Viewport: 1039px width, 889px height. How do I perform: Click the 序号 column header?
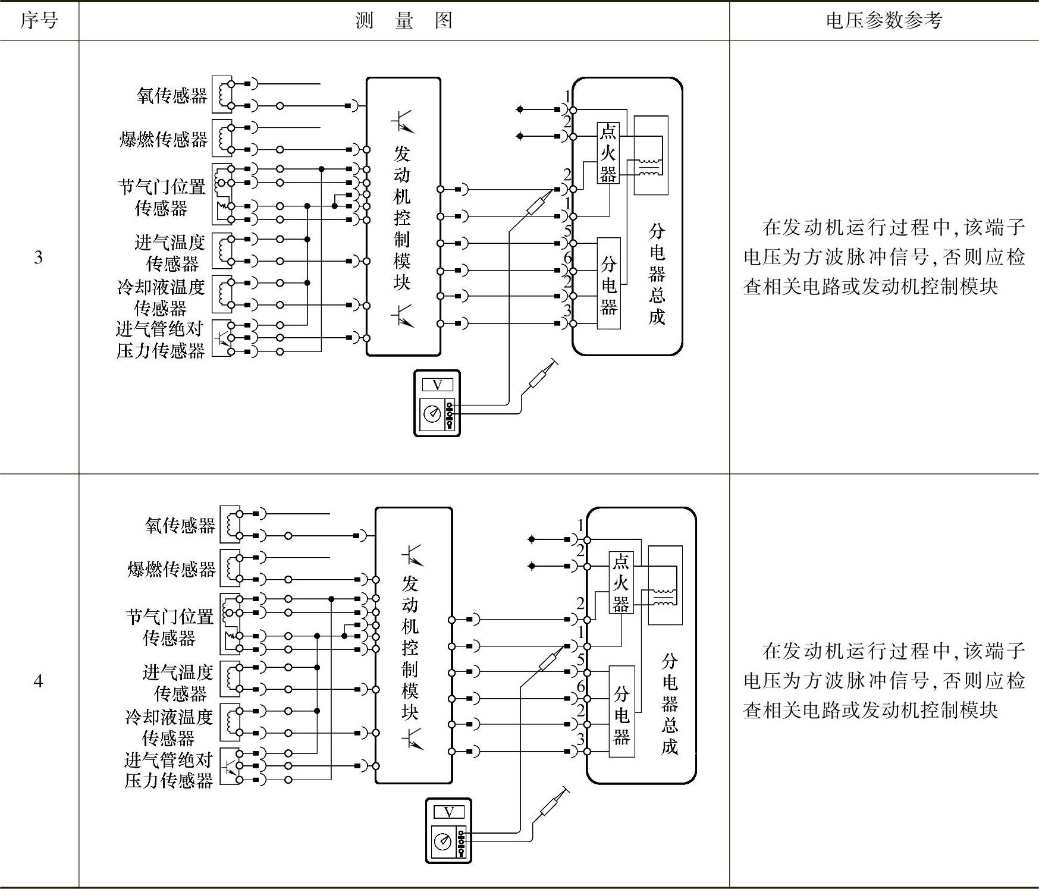(x=39, y=21)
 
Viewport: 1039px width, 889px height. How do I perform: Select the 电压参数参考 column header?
(x=884, y=21)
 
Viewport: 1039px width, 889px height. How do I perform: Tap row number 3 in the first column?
(x=39, y=257)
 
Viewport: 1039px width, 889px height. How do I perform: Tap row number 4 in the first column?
(x=39, y=680)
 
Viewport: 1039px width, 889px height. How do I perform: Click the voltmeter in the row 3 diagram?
(x=437, y=403)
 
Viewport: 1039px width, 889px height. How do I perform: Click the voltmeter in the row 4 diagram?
(x=449, y=830)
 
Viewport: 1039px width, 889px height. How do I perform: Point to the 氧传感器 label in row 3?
(x=171, y=95)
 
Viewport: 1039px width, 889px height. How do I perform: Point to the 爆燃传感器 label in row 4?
(x=171, y=569)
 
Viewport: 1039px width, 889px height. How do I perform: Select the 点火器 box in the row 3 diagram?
(x=608, y=153)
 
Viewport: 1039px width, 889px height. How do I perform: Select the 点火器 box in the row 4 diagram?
(x=621, y=583)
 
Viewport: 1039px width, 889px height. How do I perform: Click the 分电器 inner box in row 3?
(x=608, y=284)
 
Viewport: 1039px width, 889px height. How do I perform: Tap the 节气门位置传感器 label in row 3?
(x=162, y=197)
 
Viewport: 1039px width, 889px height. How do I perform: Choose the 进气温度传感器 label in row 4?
(x=178, y=683)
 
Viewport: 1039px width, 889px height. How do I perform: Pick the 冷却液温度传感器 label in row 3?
(x=161, y=297)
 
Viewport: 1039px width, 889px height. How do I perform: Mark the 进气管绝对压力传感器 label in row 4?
(x=168, y=770)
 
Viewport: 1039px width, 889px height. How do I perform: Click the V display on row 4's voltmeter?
(x=449, y=812)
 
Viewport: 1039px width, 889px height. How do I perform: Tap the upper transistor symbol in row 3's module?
(x=403, y=121)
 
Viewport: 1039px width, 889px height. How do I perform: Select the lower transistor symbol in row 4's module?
(x=413, y=739)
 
